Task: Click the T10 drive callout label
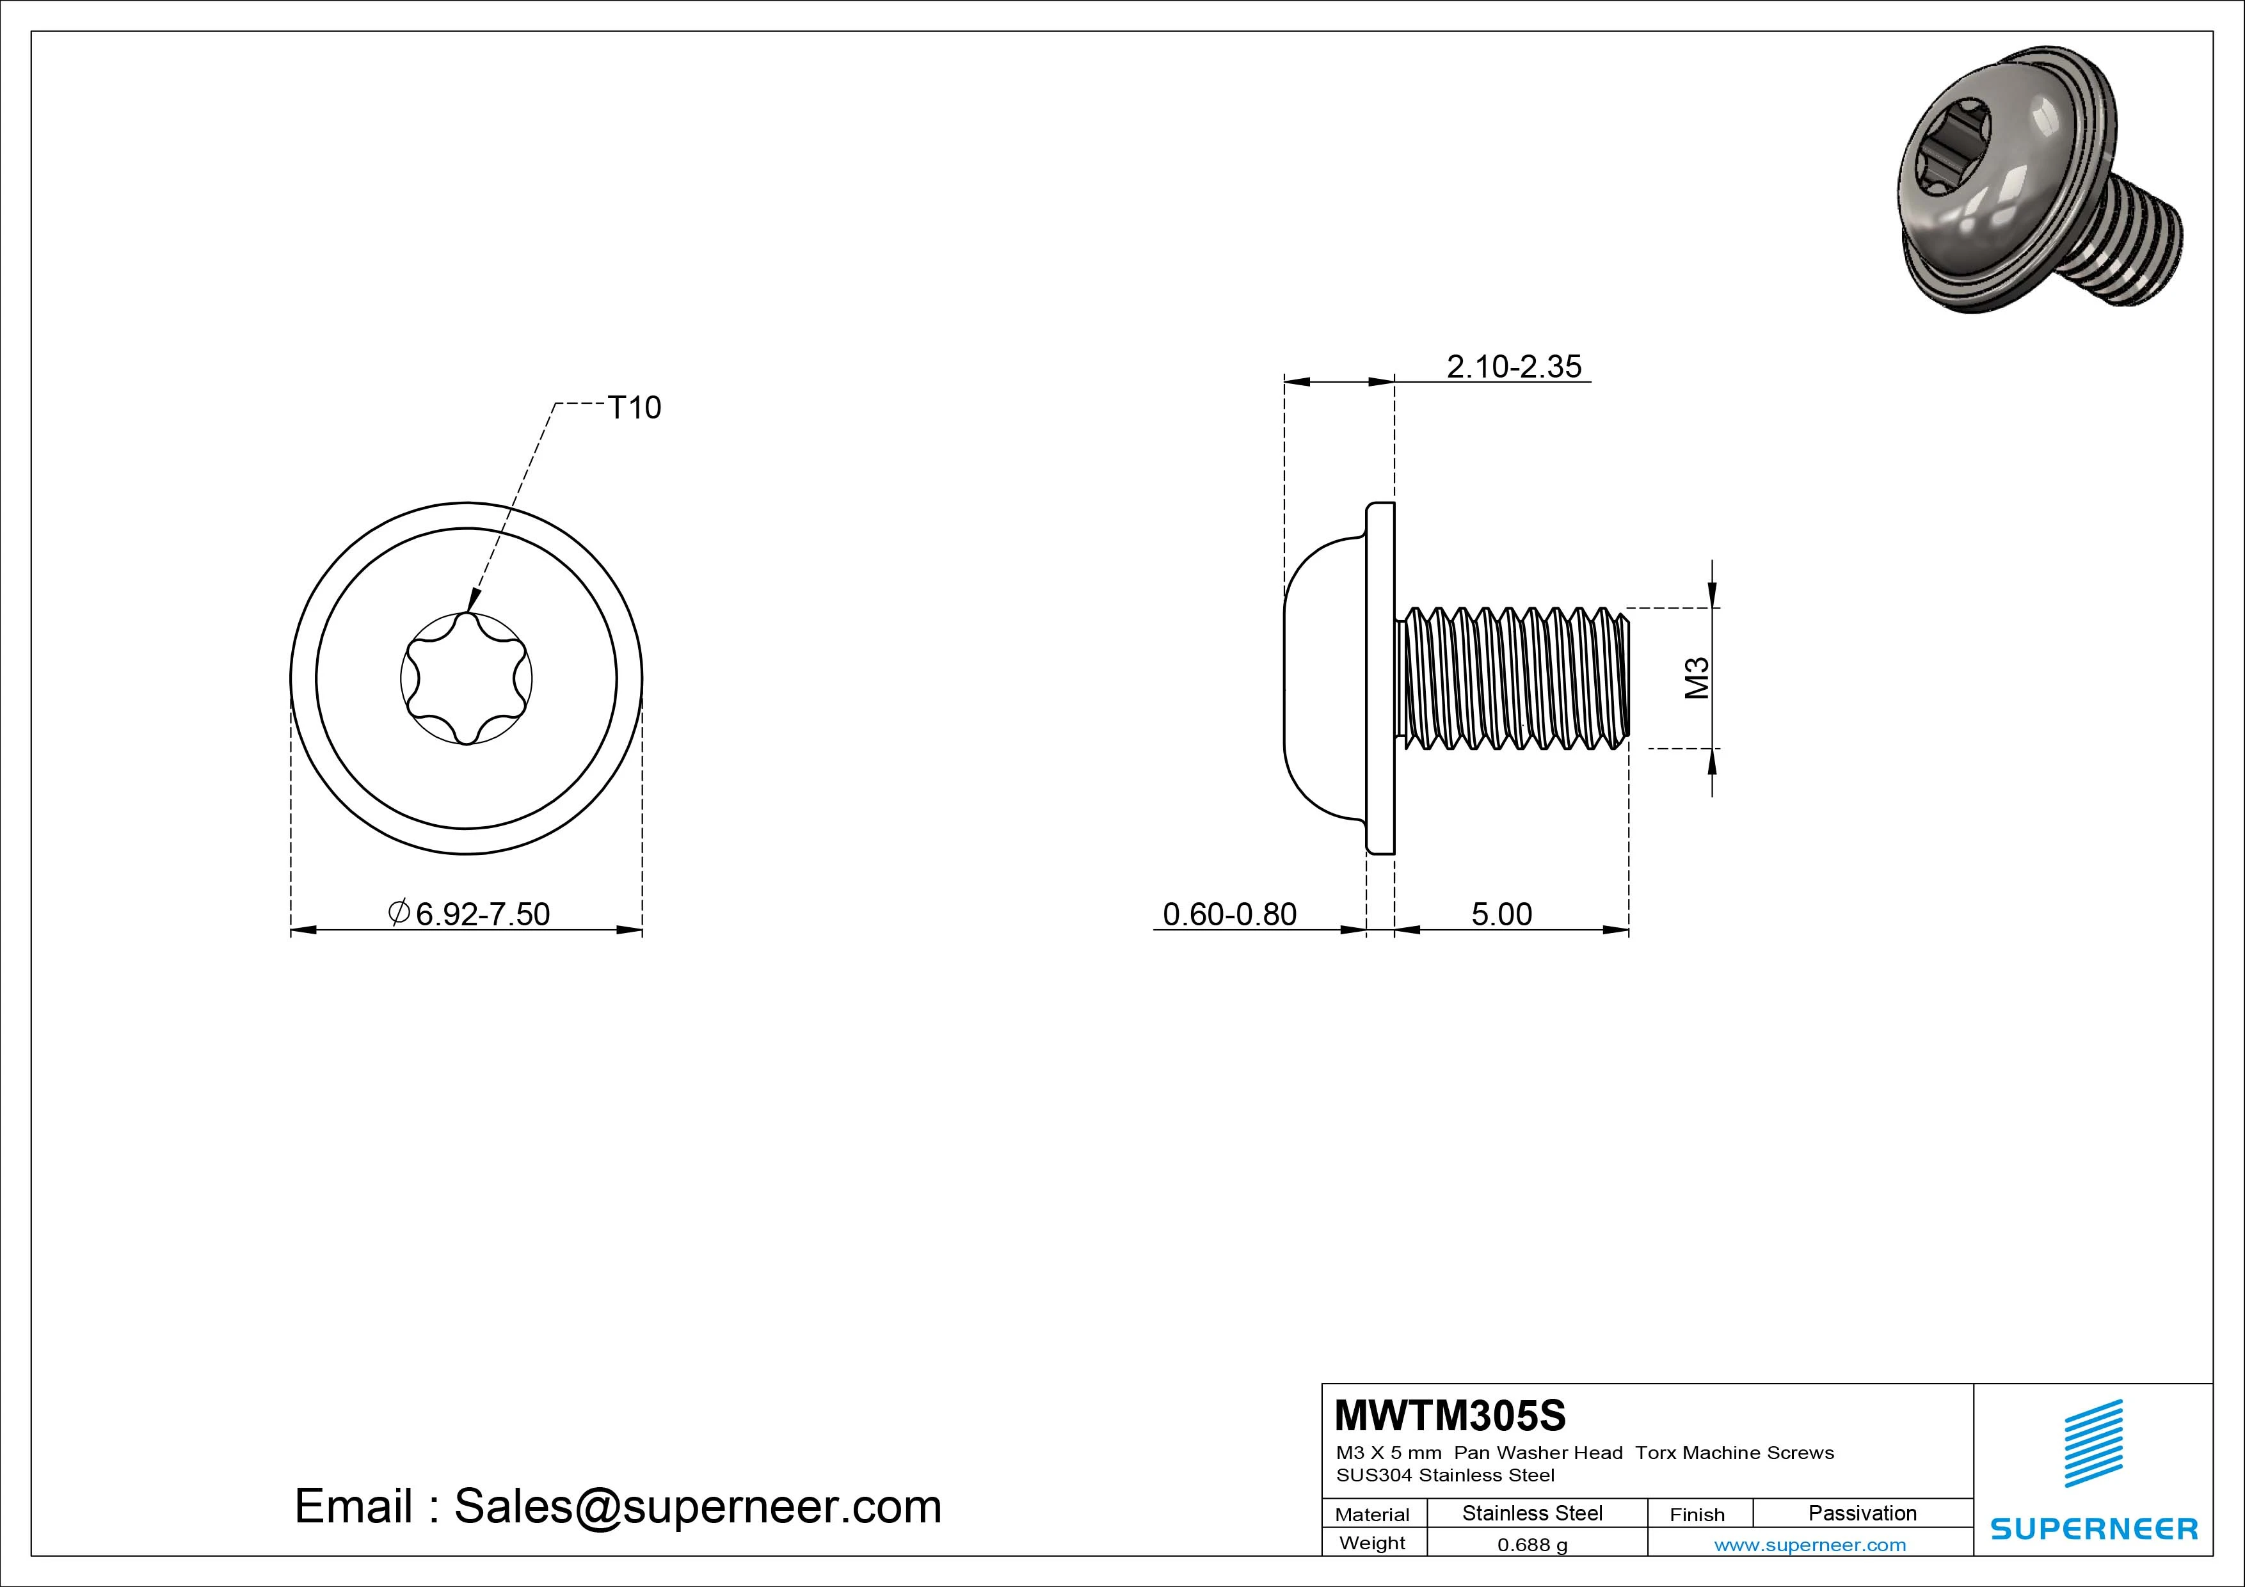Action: pos(635,408)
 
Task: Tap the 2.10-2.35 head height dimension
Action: pos(1514,367)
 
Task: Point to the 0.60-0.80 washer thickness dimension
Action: pos(1229,914)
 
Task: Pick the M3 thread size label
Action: pos(1697,678)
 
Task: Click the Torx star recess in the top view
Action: pos(467,678)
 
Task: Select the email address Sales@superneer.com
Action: pos(697,1507)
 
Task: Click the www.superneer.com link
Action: pos(1810,1545)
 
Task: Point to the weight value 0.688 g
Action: pos(1532,1545)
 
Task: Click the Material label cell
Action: pos(1372,1515)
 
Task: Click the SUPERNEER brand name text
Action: pos(2093,1528)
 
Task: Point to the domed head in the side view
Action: pos(1325,678)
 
